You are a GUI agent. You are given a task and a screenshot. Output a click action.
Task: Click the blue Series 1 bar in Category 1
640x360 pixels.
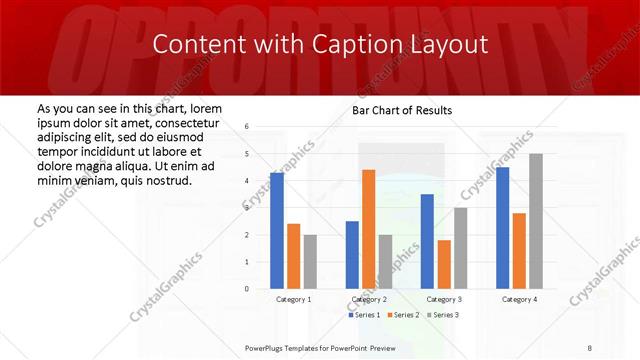pos(277,231)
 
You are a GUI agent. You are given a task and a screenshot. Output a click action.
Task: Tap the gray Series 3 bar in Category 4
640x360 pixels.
pos(536,221)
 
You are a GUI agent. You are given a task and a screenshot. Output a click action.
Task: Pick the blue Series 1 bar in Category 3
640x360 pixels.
pos(427,241)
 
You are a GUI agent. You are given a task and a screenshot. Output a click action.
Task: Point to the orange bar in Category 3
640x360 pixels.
pos(443,264)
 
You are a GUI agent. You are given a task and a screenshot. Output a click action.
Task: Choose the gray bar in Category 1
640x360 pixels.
pos(310,262)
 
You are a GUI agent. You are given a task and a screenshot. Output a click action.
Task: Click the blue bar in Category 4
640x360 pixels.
pos(502,228)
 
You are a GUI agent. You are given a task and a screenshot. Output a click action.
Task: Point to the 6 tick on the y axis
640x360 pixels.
pos(247,127)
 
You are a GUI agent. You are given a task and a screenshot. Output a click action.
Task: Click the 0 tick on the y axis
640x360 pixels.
pos(247,289)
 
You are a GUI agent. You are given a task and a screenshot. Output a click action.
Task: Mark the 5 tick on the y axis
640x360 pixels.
pos(247,154)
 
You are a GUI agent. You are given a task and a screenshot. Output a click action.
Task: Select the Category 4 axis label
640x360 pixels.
pos(519,299)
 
